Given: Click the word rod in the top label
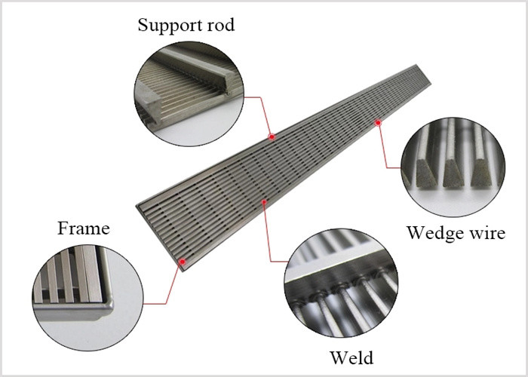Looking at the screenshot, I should tap(219, 25).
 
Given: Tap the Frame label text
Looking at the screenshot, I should tap(84, 228).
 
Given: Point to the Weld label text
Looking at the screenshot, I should tap(352, 356).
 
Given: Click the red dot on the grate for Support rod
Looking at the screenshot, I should tap(272, 137).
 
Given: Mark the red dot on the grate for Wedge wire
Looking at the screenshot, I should tap(378, 121).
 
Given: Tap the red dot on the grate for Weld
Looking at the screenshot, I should tap(264, 201).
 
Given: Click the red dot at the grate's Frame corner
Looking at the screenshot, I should tap(183, 262).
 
